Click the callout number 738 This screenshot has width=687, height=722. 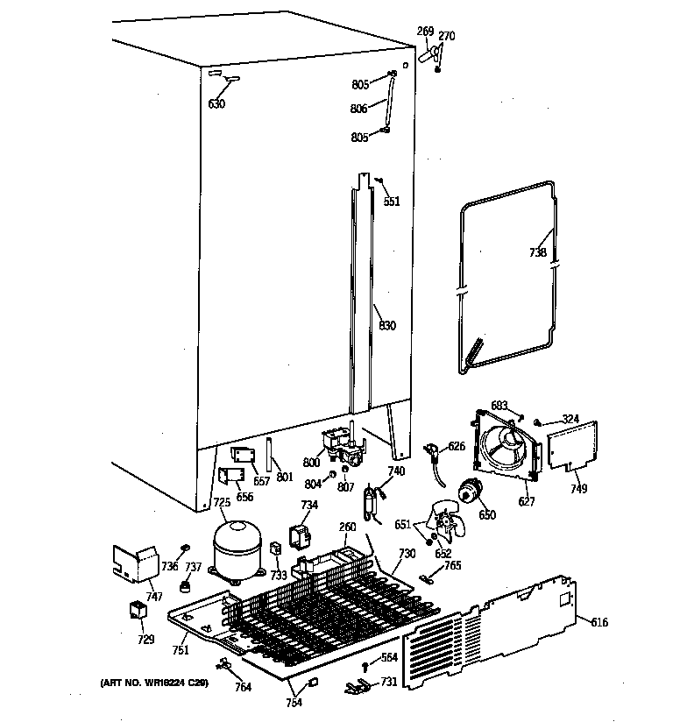coord(537,252)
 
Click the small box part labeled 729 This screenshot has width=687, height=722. coord(138,610)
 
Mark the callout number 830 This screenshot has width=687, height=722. coord(386,326)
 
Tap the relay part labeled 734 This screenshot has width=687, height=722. coord(302,535)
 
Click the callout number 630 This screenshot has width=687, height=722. coord(216,104)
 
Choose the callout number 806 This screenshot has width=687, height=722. coord(359,110)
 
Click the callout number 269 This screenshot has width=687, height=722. coord(425,32)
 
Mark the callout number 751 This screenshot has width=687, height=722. coord(180,649)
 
